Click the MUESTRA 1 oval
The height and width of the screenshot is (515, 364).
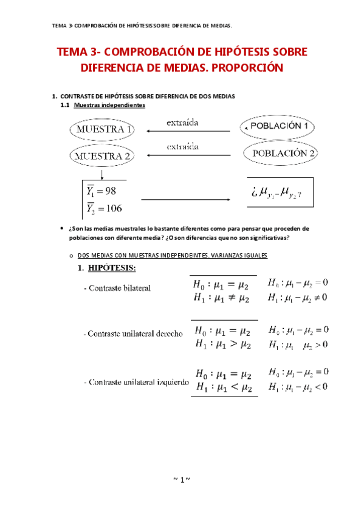point(101,129)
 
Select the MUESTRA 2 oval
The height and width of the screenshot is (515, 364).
point(101,155)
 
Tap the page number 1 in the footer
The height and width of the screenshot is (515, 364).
point(182,480)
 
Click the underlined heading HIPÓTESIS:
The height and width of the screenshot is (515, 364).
point(112,268)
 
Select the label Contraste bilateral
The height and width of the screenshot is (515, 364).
point(117,288)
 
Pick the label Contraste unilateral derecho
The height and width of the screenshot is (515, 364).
point(133,333)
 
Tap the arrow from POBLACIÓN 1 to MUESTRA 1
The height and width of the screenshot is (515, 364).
point(189,131)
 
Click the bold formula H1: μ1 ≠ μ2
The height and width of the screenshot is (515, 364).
point(221,298)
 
